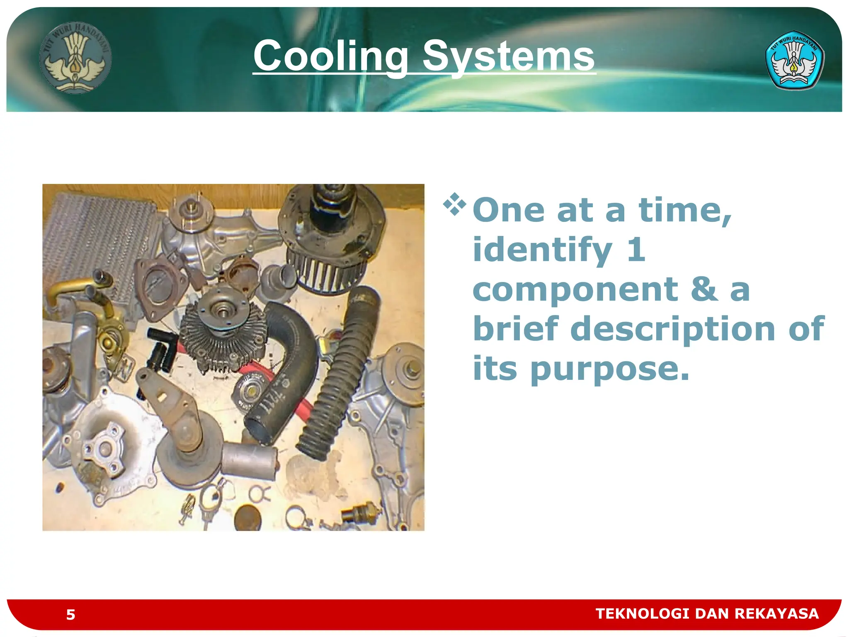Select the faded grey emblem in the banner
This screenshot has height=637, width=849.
coord(75,58)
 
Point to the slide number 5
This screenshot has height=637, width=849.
coord(70,614)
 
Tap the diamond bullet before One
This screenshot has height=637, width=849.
coord(454,204)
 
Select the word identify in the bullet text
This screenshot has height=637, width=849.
coord(542,250)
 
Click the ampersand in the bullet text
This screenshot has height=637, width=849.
coord(704,289)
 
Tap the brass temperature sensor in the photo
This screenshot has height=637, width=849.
coord(360,514)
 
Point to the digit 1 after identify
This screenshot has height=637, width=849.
coord(636,250)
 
